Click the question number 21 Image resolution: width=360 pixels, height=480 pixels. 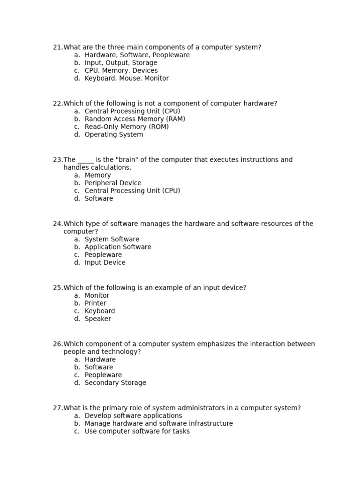tap(58, 47)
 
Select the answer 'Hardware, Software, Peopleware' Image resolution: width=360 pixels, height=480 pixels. tap(137, 55)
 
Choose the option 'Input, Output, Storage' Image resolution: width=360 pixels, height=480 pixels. tap(120, 63)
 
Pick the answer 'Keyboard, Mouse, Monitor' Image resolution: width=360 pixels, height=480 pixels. tap(127, 79)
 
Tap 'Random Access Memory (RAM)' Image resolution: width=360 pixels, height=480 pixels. tap(135, 119)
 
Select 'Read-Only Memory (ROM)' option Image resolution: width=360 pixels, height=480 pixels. tap(127, 127)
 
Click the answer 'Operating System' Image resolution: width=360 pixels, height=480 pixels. tap(114, 135)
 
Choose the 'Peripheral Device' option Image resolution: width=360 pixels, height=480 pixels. tap(112, 183)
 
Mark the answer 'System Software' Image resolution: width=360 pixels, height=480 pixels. tap(112, 240)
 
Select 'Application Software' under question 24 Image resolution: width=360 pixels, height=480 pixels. tap(118, 247)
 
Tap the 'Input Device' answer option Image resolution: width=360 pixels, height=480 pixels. tap(105, 263)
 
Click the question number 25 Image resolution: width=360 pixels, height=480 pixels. tap(58, 288)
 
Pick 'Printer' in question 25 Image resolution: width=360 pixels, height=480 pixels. tap(95, 303)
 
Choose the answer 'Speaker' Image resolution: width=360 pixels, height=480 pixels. tap(97, 319)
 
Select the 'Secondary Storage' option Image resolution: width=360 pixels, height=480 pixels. tap(115, 383)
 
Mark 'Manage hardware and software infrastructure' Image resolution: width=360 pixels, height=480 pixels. tap(158, 424)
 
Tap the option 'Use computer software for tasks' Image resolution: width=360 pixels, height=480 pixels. tap(137, 432)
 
